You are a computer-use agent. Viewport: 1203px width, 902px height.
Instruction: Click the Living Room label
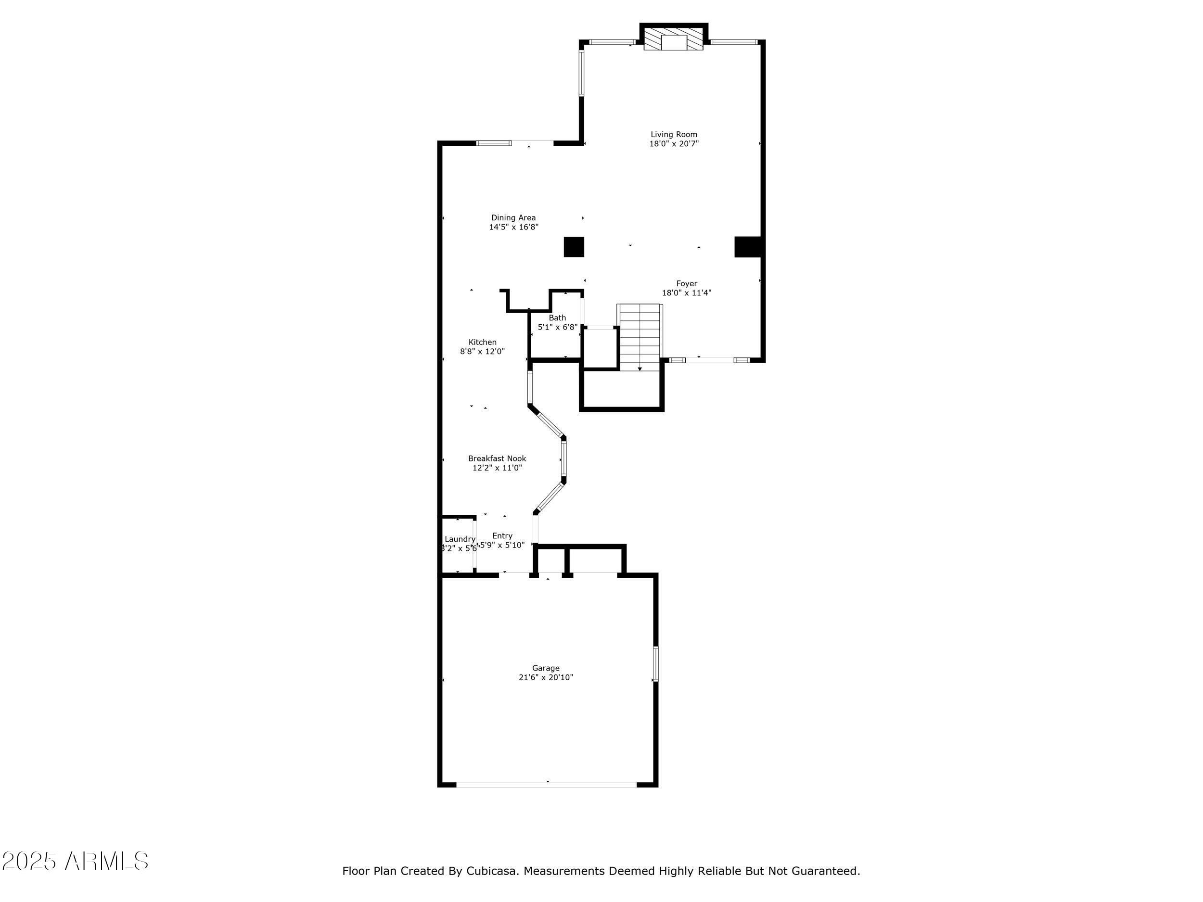coord(673,134)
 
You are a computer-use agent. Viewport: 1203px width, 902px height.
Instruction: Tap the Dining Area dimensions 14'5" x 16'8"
coord(513,227)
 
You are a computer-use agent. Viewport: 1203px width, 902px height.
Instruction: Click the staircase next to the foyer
coord(640,337)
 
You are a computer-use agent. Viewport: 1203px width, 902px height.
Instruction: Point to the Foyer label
coord(686,283)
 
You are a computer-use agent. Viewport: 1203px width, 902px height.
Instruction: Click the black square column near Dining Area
coord(574,247)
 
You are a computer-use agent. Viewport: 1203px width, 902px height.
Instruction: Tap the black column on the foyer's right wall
coord(747,246)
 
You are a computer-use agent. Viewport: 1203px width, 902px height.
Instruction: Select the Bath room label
coord(557,318)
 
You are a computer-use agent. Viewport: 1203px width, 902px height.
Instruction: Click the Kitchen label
coord(482,342)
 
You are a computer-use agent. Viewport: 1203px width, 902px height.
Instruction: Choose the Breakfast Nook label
coord(497,458)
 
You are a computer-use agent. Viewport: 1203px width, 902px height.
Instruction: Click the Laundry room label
coord(460,539)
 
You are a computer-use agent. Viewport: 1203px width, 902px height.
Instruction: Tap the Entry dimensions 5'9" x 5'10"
coord(502,545)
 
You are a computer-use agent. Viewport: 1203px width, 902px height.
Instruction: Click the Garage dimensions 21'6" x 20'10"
coord(546,677)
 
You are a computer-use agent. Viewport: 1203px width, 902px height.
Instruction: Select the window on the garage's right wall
coord(655,663)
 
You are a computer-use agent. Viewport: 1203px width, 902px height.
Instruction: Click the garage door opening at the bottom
coord(546,785)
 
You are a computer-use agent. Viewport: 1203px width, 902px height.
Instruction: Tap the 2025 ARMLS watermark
coord(75,861)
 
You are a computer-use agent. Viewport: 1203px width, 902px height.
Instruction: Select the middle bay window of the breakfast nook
coord(564,458)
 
